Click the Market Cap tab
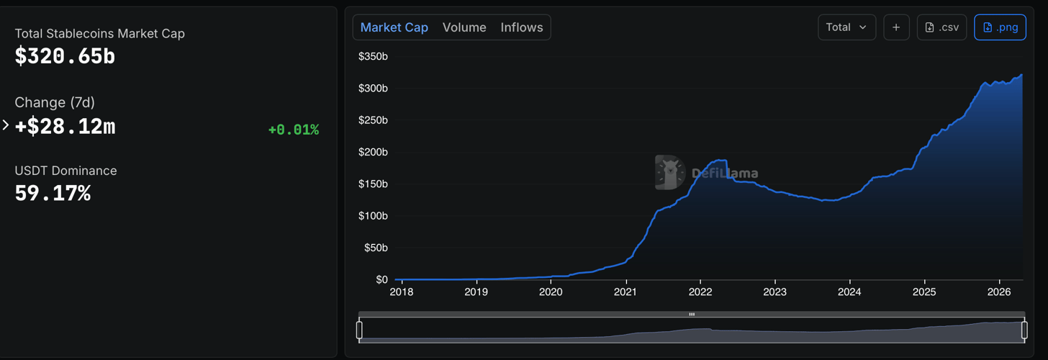394,27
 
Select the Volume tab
464,27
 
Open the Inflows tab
522,27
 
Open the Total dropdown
846,27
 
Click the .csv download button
941,27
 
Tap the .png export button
1000,27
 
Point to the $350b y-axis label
373,56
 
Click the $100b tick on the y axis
373,216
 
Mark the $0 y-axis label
381,279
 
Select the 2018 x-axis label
402,292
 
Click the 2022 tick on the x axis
700,292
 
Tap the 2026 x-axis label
999,292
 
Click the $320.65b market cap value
65,56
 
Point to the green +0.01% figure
293,130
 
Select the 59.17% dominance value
53,193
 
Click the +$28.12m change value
65,127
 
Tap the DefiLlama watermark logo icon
669,172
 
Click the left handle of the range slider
359,330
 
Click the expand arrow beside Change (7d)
6,125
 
